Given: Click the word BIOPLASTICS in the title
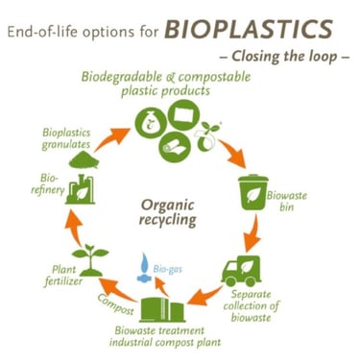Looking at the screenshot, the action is pyautogui.click(x=249, y=29).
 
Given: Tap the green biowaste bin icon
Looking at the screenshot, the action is pyautogui.click(x=253, y=192).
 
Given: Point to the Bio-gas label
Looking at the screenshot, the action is pyautogui.click(x=167, y=269).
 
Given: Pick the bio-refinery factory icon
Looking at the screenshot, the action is pyautogui.click(x=81, y=189).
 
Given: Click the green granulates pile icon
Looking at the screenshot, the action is pyautogui.click(x=84, y=160).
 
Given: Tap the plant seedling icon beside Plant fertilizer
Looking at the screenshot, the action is pyautogui.click(x=91, y=260).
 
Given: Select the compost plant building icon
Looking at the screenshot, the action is pyautogui.click(x=162, y=309).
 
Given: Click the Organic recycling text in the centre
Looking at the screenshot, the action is pyautogui.click(x=167, y=212).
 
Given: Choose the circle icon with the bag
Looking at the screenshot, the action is pyautogui.click(x=150, y=124).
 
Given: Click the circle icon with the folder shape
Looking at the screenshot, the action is pyautogui.click(x=183, y=115).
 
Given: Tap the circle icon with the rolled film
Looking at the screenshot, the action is pyautogui.click(x=175, y=147).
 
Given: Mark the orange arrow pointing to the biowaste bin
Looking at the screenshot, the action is pyautogui.click(x=232, y=155).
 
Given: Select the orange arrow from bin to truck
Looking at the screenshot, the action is pyautogui.click(x=252, y=233).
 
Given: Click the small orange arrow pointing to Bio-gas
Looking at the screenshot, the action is pyautogui.click(x=162, y=286).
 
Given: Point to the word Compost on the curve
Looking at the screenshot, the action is pyautogui.click(x=115, y=304).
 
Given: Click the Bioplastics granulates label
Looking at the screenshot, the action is pyautogui.click(x=66, y=138).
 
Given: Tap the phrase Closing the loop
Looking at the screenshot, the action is pyautogui.click(x=284, y=57).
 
